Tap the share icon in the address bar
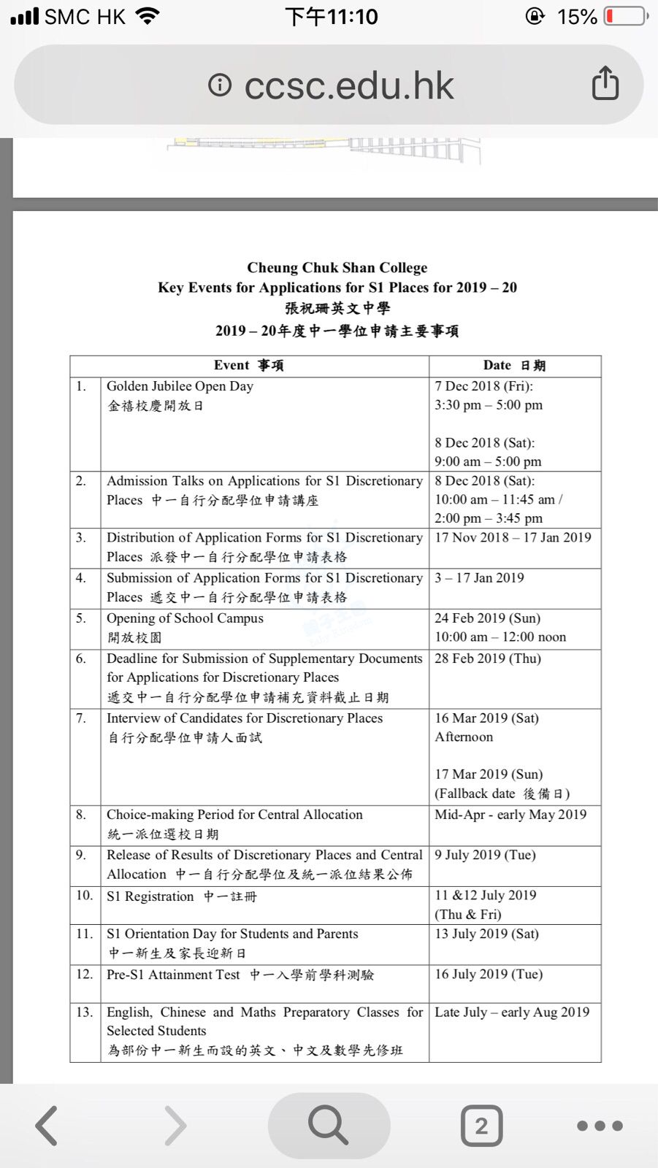coord(605,83)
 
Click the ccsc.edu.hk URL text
coord(348,86)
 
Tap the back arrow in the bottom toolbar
coord(47,1125)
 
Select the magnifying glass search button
coord(329,1125)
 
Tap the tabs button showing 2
coord(481,1126)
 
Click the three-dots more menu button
coord(600,1126)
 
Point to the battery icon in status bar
coord(625,16)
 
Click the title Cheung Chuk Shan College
coord(337,268)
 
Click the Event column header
coord(249,366)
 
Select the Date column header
coord(514,366)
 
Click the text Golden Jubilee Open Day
coord(180,386)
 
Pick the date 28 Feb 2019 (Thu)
coord(488,658)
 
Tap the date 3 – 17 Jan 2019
coord(479,577)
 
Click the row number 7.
coord(81,718)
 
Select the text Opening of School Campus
coord(185,618)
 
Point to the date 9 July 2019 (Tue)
coord(485,855)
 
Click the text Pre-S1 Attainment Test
coord(173,975)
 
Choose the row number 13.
coord(84,1012)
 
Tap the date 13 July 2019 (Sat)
coord(486,934)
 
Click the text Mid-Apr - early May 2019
coord(510,815)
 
